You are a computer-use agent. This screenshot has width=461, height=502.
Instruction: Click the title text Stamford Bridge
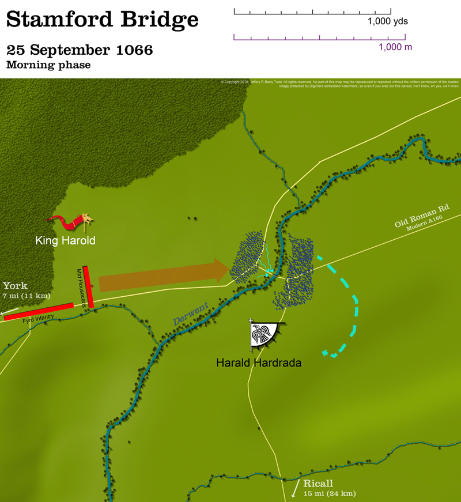(x=102, y=20)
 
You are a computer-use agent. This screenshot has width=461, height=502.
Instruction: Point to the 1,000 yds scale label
(x=388, y=22)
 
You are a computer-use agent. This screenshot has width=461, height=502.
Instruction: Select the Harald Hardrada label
(x=258, y=363)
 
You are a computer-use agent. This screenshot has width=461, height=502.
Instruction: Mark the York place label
(x=15, y=286)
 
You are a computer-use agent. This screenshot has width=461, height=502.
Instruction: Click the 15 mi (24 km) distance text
(x=329, y=493)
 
